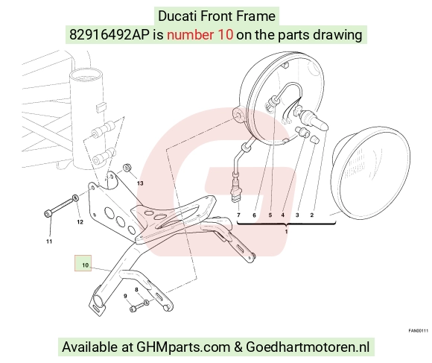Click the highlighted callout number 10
coord(86,265)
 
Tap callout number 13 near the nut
coord(140,183)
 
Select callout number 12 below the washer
coord(80,222)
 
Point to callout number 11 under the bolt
coord(49,242)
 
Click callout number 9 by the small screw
coord(125,296)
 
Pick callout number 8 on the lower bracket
coord(136,290)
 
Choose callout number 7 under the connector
coord(238,215)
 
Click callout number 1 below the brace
coord(286,231)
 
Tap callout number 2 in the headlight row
coord(312,215)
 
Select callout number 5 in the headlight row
coord(270,215)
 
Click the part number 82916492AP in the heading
coord(109,35)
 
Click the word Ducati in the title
coord(177,16)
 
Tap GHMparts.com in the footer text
coord(183,347)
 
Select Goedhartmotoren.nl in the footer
coord(308,347)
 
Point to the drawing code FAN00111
coord(419,331)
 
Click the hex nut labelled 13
coord(127,167)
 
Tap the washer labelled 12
coord(75,198)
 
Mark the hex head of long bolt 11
coord(48,213)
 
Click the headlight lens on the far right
coord(371,173)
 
